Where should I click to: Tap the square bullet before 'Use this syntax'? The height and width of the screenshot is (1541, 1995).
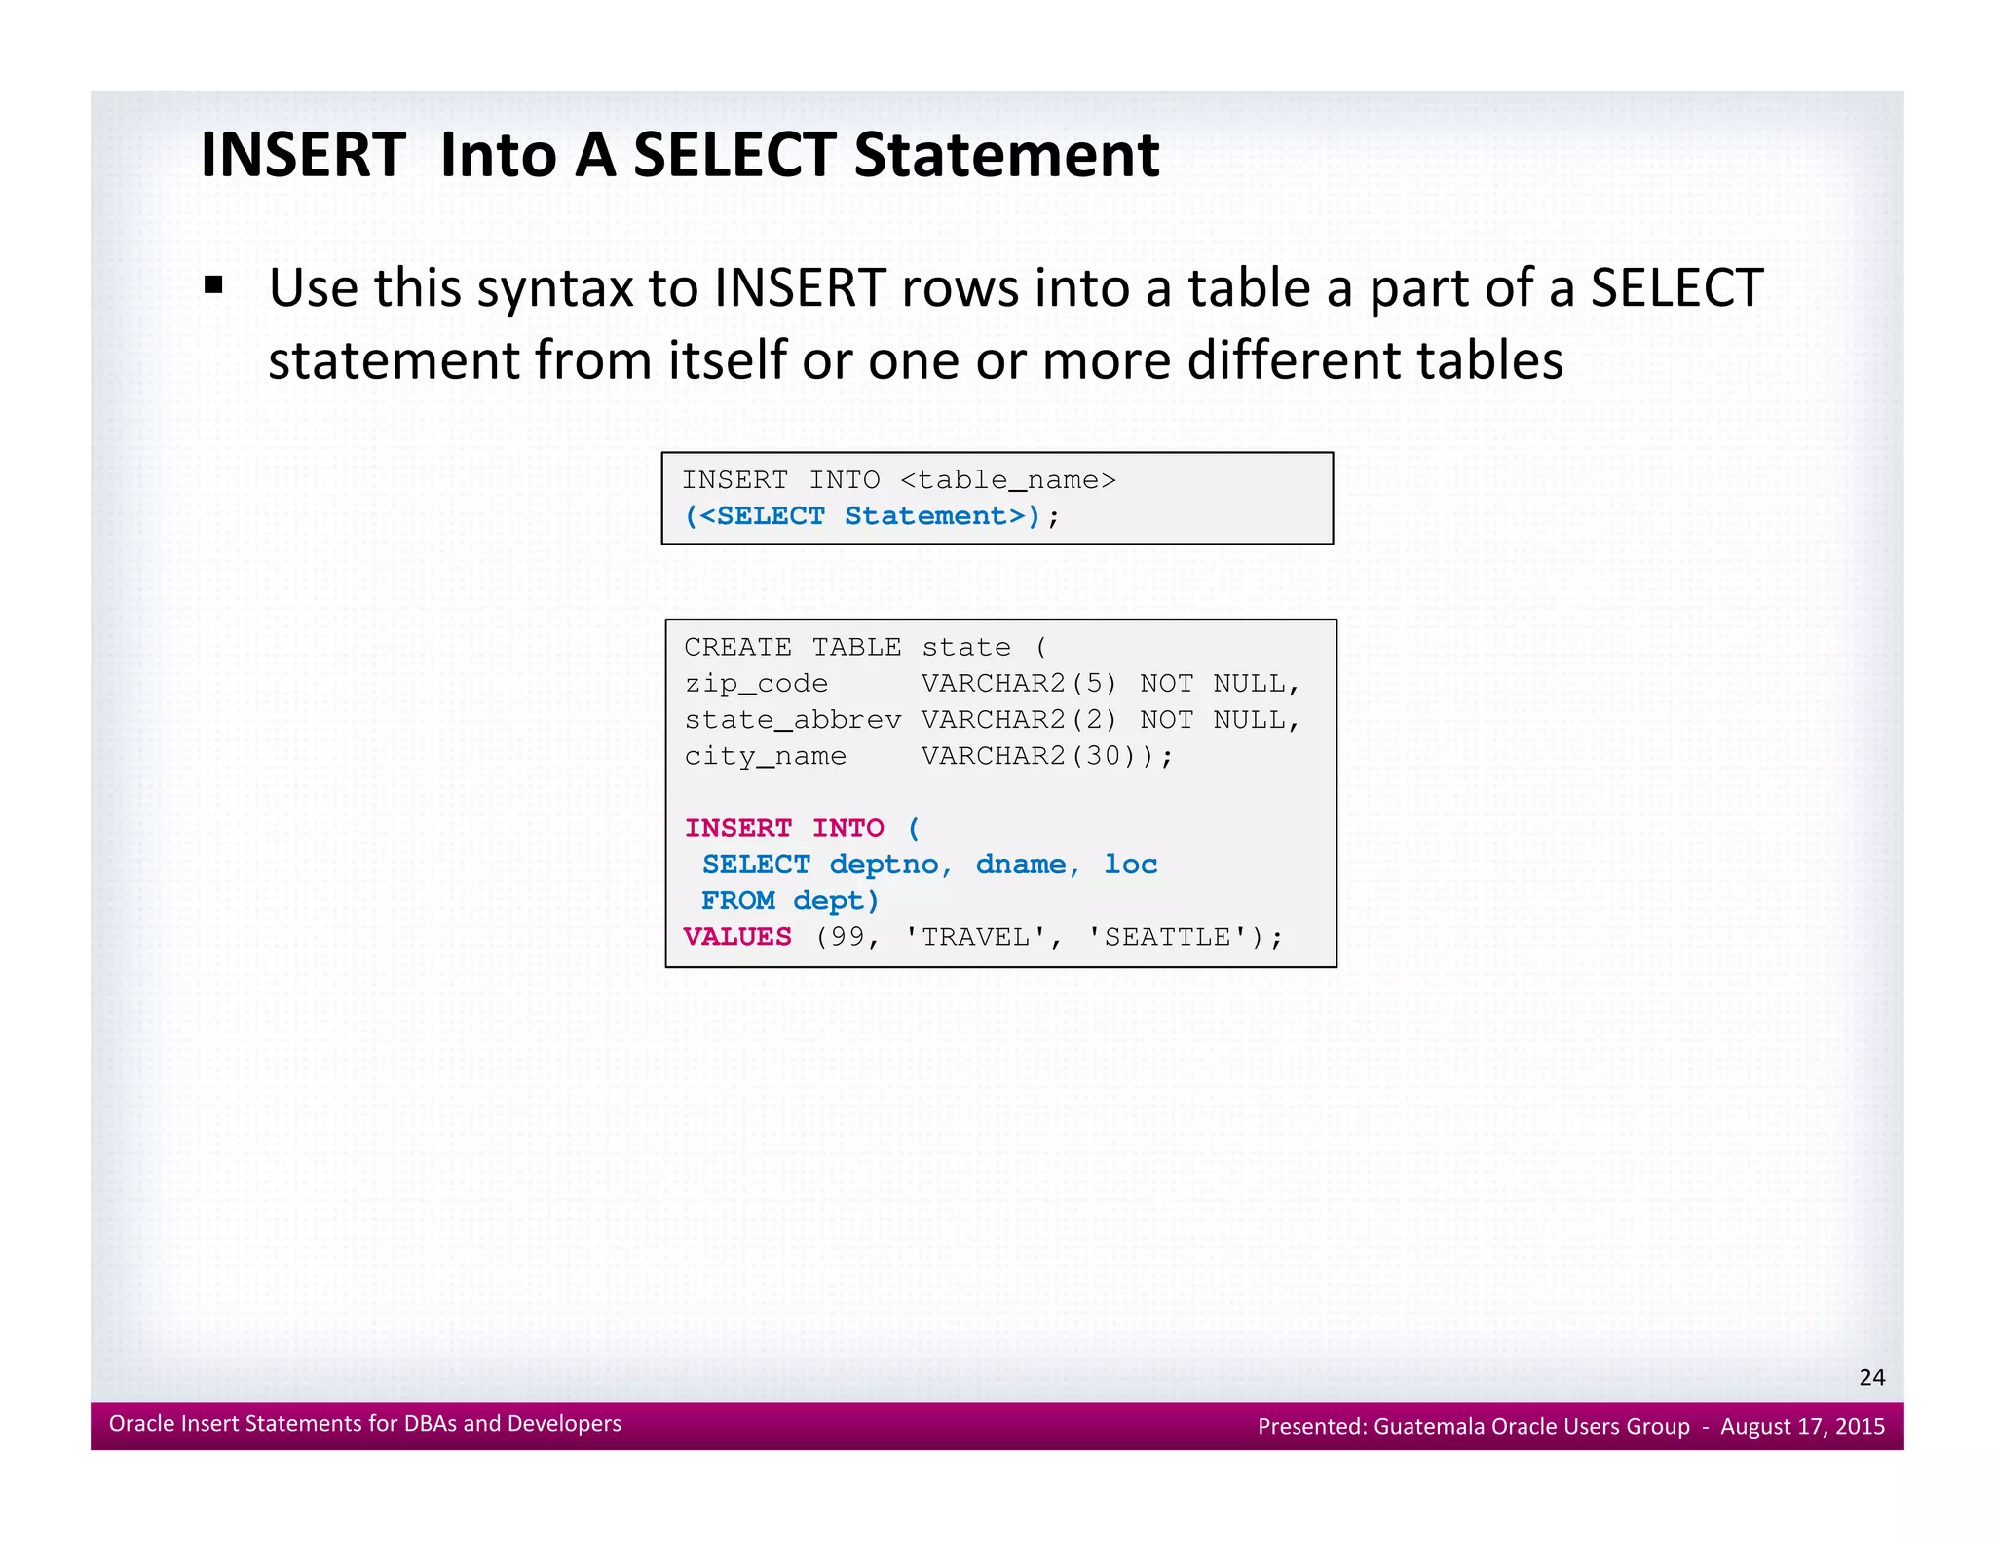214,285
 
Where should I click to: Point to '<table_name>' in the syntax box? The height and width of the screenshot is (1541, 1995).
1007,480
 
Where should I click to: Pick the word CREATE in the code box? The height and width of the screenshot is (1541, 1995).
737,647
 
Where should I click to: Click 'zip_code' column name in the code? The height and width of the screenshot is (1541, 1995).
756,684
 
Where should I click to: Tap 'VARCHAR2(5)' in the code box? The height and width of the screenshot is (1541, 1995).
1019,684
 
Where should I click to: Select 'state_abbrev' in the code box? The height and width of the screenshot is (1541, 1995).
792,720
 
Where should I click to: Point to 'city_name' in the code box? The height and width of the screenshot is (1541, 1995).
765,756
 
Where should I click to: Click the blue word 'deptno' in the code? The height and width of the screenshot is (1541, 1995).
884,865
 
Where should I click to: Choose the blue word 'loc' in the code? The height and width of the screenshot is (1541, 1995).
1130,865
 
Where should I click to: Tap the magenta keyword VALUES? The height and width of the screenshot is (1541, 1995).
737,937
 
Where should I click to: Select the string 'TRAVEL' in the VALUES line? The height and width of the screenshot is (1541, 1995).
975,937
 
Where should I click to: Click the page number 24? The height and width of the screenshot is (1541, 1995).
1871,1377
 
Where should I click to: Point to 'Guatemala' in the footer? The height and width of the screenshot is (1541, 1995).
1430,1427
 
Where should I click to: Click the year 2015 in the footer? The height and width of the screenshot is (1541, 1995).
1860,1427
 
